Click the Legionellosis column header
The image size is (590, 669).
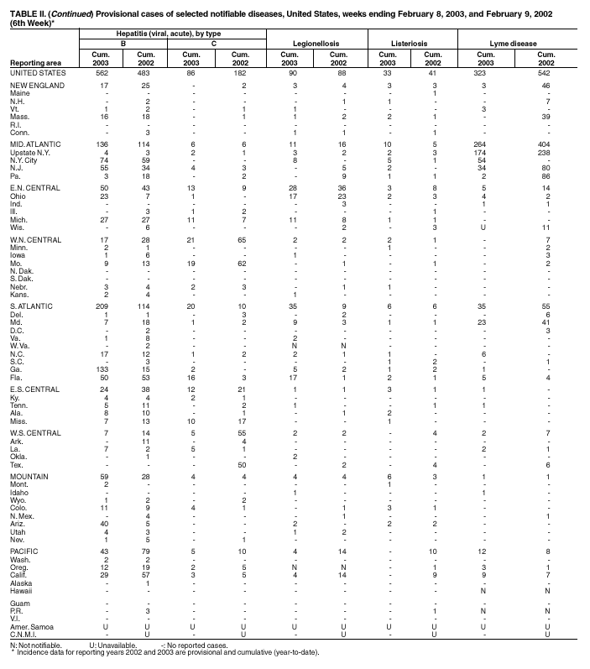[313, 41]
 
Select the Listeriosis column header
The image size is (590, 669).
[410, 41]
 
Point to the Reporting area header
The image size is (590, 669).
[34, 63]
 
